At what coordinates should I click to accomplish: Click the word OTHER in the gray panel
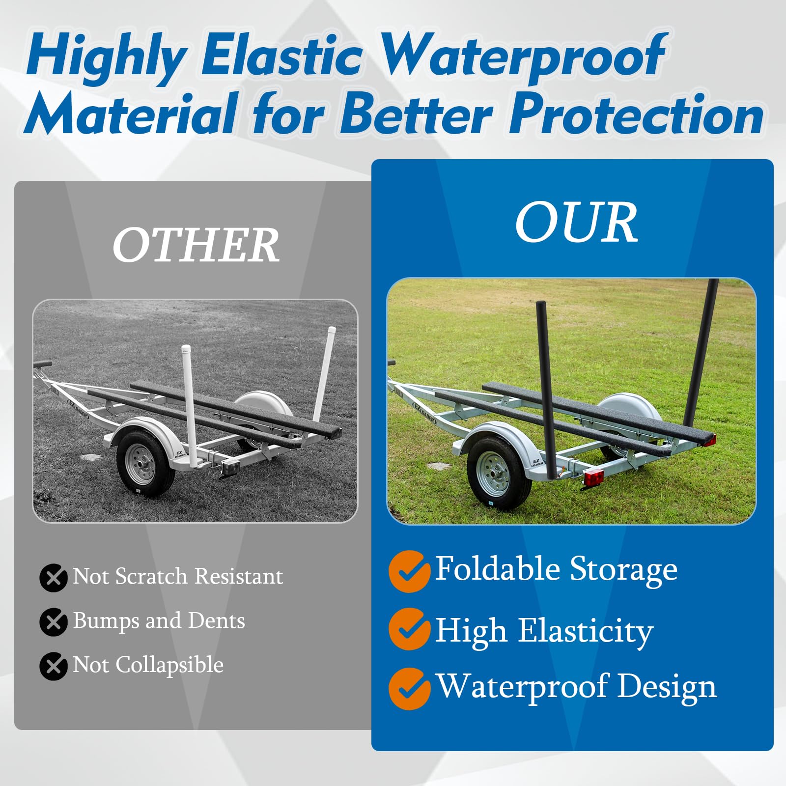(196, 246)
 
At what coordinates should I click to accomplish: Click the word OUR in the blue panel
(576, 224)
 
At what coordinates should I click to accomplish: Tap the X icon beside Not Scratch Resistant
(54, 578)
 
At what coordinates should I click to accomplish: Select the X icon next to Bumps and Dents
(54, 622)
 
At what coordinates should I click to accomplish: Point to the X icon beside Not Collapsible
(54, 666)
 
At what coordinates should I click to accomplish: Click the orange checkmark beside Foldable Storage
(409, 571)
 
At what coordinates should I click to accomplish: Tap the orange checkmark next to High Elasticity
(409, 629)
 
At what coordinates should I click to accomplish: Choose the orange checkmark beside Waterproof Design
(409, 689)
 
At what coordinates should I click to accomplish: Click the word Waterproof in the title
(523, 56)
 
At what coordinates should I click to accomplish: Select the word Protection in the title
(636, 114)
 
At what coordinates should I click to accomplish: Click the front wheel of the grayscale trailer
(145, 462)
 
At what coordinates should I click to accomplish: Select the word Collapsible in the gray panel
(169, 665)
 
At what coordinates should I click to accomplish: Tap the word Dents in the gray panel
(217, 620)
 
